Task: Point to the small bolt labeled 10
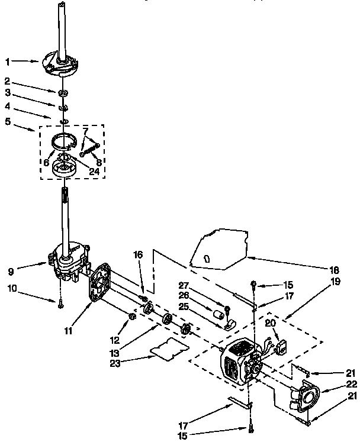point(61,304)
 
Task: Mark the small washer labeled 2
point(63,93)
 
